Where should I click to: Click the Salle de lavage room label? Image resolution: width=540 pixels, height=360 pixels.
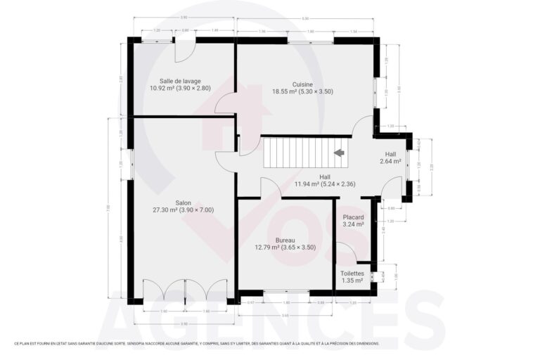pyautogui.click(x=176, y=81)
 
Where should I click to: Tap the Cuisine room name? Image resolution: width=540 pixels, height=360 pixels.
pyautogui.click(x=302, y=84)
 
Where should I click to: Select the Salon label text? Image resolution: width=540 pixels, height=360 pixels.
pyautogui.click(x=183, y=202)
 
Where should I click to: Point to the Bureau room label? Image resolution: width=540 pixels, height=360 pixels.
pyautogui.click(x=285, y=240)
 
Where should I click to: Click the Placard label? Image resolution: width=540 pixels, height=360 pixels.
pyautogui.click(x=353, y=217)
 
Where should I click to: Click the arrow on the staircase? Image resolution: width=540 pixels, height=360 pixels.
pyautogui.click(x=340, y=153)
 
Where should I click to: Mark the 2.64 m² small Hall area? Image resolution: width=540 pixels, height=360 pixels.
pyautogui.click(x=390, y=161)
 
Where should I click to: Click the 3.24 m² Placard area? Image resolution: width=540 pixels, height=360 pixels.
pyautogui.click(x=353, y=225)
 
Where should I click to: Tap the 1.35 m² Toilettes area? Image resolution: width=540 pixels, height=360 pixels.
pyautogui.click(x=352, y=281)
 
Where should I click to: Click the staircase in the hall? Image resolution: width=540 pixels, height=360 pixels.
pyautogui.click(x=295, y=153)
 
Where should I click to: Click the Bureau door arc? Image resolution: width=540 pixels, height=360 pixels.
pyautogui.click(x=270, y=188)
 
